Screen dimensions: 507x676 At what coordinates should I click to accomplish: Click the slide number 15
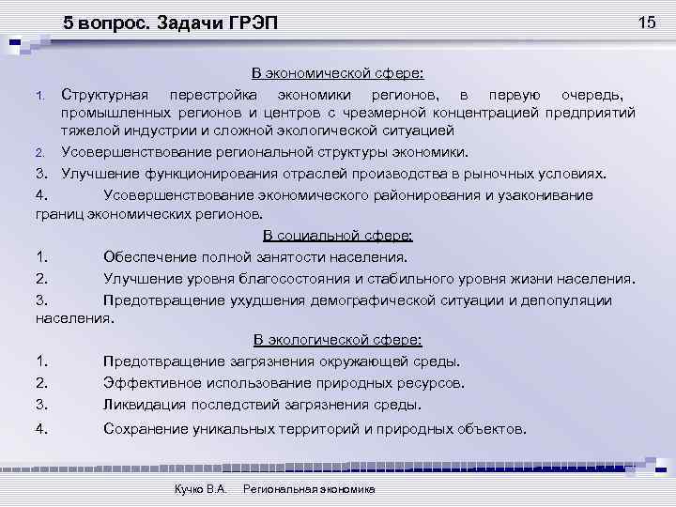tap(647, 22)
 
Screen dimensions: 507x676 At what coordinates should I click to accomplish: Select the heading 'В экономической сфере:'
tap(337, 74)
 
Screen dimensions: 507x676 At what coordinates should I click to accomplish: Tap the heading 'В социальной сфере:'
tap(337, 236)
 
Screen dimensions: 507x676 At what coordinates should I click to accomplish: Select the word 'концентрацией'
tap(484, 113)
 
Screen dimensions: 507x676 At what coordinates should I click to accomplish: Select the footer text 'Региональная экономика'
tap(309, 489)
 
